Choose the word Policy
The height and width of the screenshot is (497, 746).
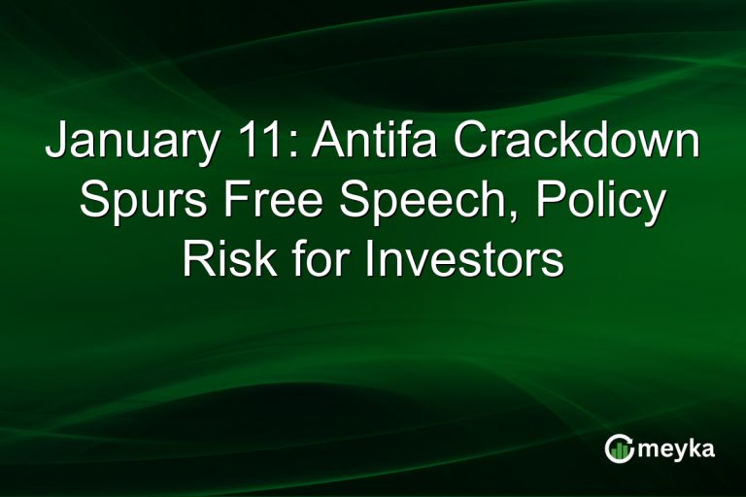601,202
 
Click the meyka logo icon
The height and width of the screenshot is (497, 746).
618,447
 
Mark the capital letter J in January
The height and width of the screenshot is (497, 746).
56,143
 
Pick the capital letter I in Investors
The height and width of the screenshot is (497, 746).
370,260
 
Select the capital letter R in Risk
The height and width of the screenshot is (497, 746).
196,260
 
